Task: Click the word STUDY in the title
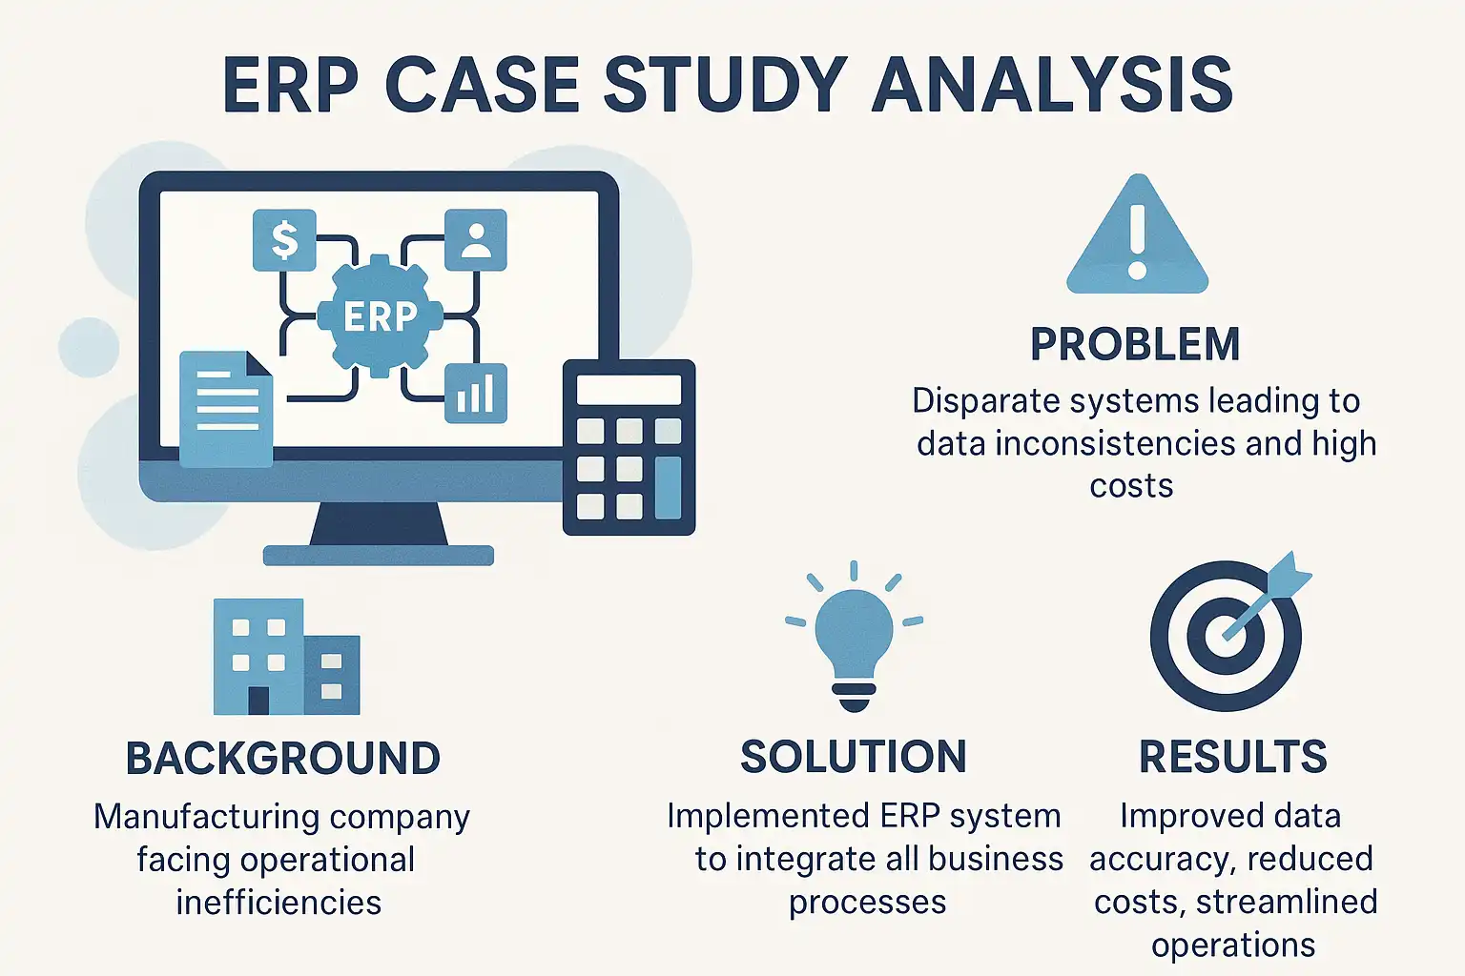(x=725, y=85)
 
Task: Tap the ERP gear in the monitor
(x=380, y=315)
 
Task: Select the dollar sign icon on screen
(x=284, y=239)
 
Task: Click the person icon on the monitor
(x=475, y=239)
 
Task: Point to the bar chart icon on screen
(x=475, y=393)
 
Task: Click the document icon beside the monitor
(x=226, y=409)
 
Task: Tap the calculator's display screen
(x=629, y=390)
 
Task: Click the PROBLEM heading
(x=1135, y=345)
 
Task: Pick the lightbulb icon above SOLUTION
(x=854, y=639)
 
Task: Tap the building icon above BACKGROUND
(x=285, y=657)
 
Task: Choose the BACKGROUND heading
(x=283, y=759)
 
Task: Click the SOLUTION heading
(x=854, y=758)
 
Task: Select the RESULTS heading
(x=1232, y=758)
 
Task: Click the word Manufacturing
(x=207, y=817)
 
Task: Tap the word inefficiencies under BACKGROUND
(x=279, y=903)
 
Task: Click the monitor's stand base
(x=379, y=555)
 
